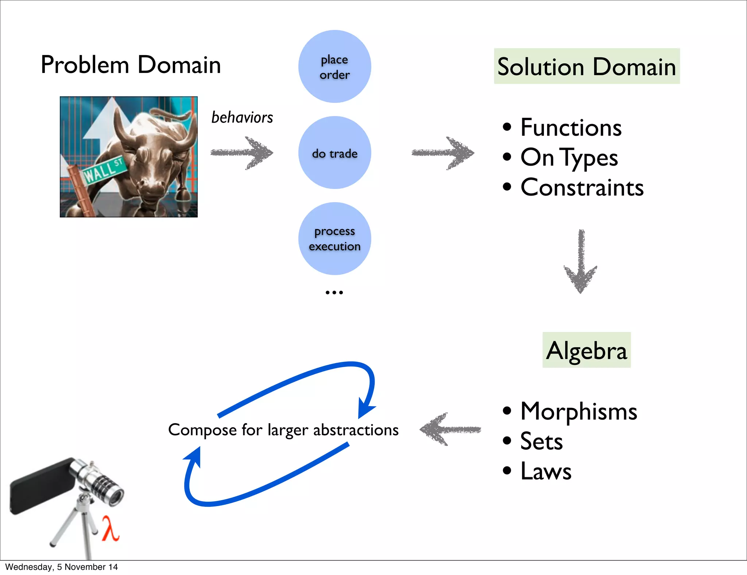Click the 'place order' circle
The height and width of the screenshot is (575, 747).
(334, 66)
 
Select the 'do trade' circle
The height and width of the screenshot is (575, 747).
(334, 153)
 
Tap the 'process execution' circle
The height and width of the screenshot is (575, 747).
(334, 239)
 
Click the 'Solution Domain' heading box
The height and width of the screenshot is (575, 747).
(587, 66)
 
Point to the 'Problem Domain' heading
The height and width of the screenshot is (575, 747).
(131, 65)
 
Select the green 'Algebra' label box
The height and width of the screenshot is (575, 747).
(587, 350)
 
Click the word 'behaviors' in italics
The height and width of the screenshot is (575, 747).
(242, 117)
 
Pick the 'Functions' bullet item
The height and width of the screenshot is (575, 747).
(571, 128)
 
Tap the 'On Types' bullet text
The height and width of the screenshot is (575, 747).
(569, 158)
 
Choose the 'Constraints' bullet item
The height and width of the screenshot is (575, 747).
(582, 188)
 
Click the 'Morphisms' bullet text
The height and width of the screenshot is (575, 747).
(578, 412)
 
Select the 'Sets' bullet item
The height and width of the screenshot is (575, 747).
(541, 441)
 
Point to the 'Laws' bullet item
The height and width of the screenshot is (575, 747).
(546, 471)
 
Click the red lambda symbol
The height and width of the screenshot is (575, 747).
(110, 528)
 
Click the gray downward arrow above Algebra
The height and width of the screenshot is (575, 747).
(581, 261)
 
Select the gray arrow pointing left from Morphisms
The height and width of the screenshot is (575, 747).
(450, 429)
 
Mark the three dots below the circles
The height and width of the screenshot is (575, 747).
(334, 292)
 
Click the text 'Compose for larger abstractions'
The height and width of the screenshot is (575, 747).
(283, 430)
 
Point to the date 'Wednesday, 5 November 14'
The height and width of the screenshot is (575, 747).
(61, 567)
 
